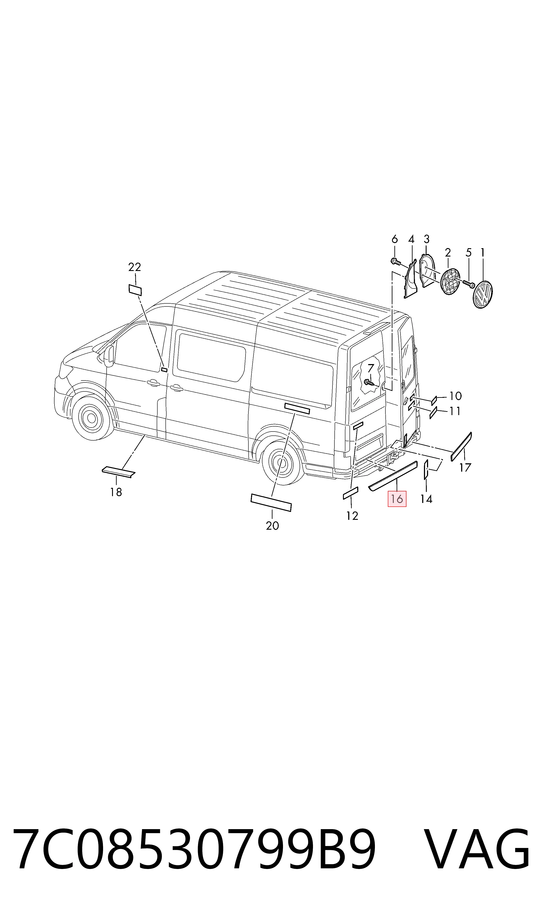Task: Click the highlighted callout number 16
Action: coord(397,499)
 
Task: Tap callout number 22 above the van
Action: coord(135,267)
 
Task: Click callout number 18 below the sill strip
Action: coord(116,492)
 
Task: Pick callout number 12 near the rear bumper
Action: coord(352,516)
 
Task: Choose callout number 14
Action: coord(426,499)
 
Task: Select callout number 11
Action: coord(455,411)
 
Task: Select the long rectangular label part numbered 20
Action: coord(271,502)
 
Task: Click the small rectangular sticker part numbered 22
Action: coord(135,290)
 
